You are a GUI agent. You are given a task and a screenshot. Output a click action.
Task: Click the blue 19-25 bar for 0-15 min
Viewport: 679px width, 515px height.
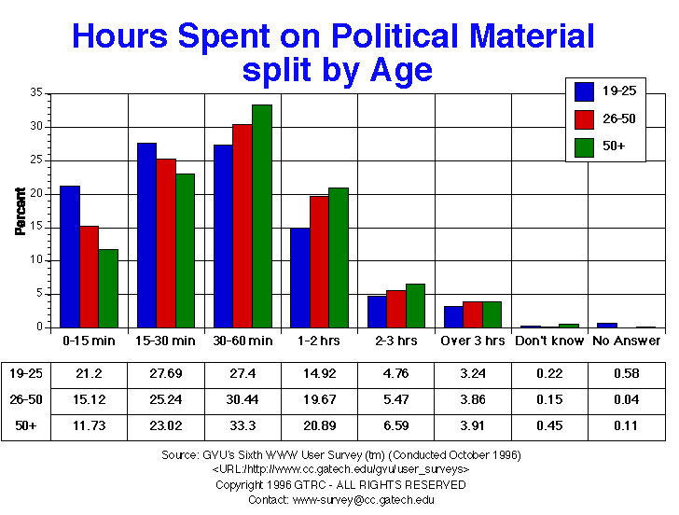pos(69,257)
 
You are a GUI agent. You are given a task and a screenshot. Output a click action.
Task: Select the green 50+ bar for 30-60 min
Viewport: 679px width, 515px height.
pos(262,216)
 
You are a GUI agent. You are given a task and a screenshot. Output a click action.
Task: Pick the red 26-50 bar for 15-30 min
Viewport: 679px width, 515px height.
pos(165,243)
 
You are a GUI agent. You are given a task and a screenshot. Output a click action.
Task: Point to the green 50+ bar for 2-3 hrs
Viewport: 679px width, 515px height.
pos(415,305)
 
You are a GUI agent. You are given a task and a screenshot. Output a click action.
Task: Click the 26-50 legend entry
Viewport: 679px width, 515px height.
pos(605,118)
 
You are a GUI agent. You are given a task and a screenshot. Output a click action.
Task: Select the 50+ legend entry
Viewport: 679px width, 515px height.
pos(605,146)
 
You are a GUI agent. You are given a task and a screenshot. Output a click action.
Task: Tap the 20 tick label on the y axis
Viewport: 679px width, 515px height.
pos(37,193)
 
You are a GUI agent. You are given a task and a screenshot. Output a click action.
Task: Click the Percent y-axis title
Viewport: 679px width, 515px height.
pos(21,211)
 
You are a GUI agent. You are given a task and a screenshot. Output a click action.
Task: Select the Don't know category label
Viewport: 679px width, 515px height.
pos(549,341)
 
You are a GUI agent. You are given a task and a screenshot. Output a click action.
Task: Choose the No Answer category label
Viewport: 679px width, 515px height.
pos(626,341)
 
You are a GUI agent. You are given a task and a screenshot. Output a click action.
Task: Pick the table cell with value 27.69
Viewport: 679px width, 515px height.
pos(165,373)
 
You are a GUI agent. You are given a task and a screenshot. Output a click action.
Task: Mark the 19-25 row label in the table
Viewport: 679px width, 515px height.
pos(26,373)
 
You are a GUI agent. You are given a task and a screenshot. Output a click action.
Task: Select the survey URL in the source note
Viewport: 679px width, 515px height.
pos(339,467)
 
